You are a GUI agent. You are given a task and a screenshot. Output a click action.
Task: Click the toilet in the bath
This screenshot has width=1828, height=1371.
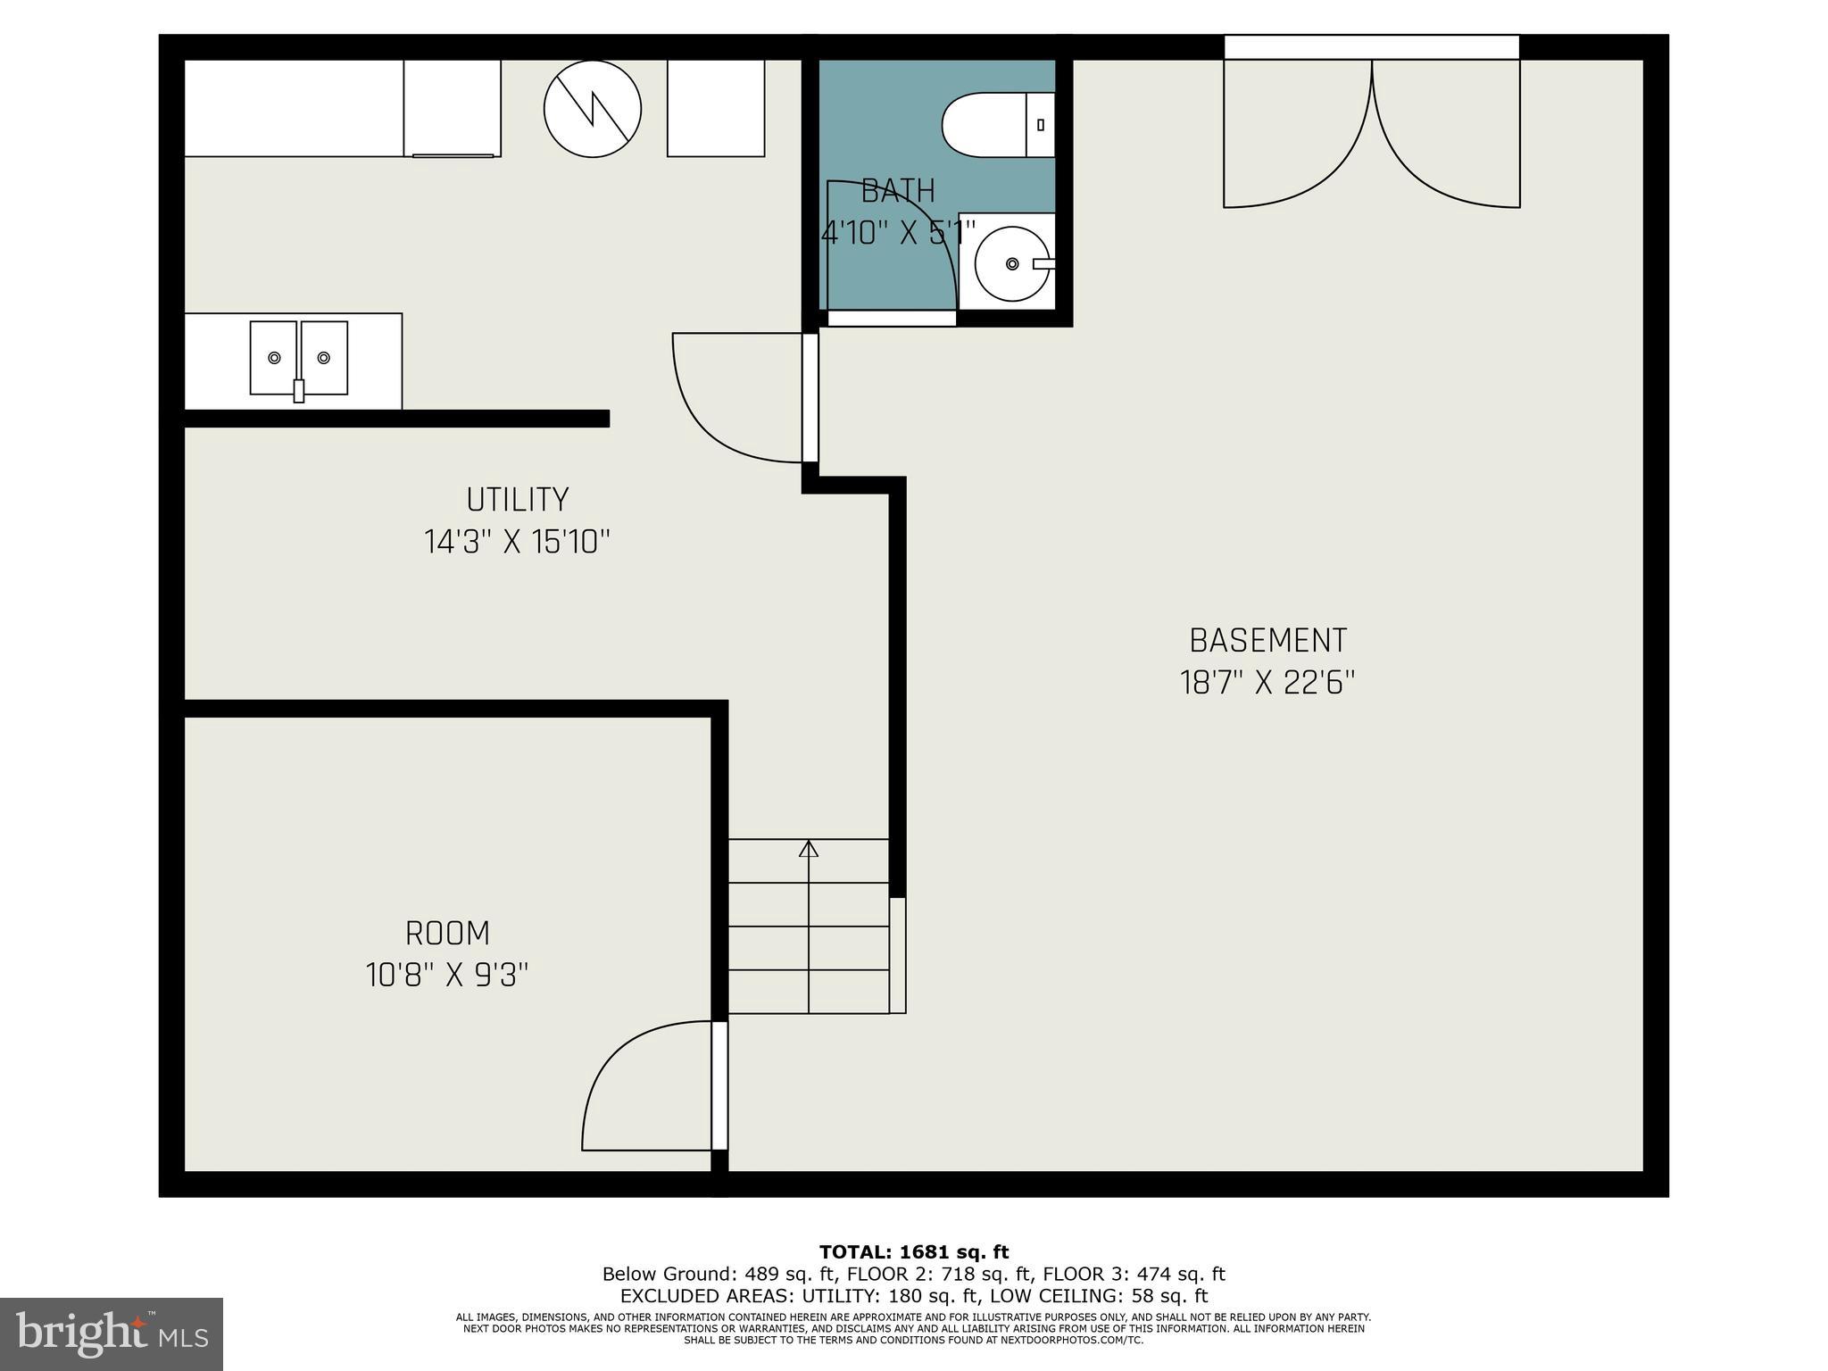995,125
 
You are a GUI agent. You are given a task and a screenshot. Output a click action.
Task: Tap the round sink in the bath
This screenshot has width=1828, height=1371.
1011,264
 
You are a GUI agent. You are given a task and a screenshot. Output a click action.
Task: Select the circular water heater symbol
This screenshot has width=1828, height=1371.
593,109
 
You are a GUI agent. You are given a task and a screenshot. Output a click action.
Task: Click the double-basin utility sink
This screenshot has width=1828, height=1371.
299,358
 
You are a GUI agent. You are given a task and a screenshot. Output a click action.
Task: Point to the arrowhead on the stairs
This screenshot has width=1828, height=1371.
809,849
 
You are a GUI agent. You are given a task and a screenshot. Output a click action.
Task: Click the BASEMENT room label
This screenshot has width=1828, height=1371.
1267,641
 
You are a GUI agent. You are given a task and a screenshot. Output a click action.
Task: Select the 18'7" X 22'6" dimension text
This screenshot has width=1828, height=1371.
1267,684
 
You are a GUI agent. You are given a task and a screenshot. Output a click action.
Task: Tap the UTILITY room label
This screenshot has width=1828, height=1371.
518,499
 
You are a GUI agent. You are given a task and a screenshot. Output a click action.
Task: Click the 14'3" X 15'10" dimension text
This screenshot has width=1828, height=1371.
518,542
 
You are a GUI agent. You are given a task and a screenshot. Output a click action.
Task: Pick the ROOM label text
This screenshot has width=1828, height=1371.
447,934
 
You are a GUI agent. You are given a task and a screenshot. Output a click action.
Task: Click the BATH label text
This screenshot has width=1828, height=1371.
898,191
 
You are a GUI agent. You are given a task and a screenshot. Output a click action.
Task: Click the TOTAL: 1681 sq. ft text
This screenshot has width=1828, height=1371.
914,1252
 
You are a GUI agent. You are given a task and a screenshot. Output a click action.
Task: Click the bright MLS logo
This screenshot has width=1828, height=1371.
112,1334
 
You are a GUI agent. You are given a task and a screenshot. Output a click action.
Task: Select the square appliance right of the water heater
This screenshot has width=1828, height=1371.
716,109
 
